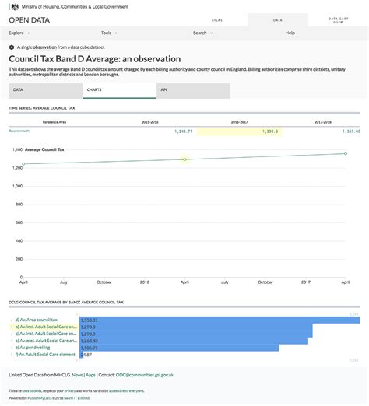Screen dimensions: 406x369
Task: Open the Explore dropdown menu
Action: click(x=19, y=33)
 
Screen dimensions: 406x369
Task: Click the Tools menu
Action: click(x=108, y=33)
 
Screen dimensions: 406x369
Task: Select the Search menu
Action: click(x=202, y=33)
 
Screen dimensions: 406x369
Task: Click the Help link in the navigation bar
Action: click(x=290, y=33)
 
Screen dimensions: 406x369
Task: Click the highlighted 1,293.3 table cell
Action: click(x=238, y=131)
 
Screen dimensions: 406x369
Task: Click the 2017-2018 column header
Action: click(x=323, y=122)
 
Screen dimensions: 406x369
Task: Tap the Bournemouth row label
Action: click(x=20, y=131)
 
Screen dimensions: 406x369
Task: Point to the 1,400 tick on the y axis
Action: click(x=17, y=149)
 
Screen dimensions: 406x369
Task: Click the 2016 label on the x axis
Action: click(x=144, y=282)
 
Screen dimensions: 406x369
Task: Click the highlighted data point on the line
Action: click(x=184, y=159)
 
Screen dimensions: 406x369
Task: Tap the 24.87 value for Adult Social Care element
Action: click(x=86, y=355)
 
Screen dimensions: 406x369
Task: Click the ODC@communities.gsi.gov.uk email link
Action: click(x=145, y=375)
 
